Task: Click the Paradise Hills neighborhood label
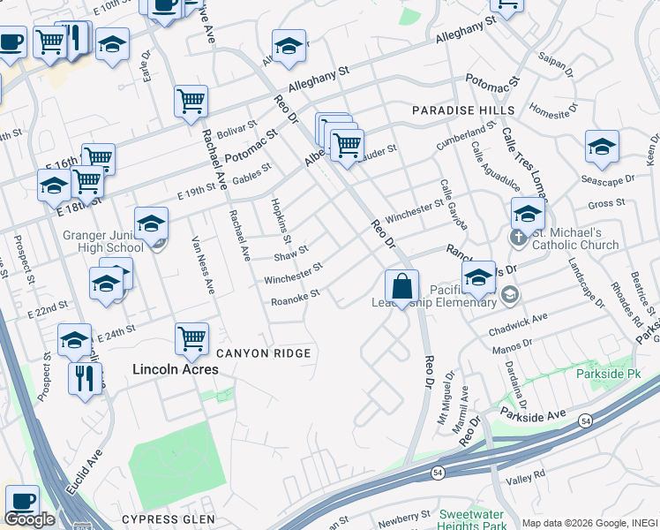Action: [x=462, y=110]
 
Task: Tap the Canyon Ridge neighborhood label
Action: [x=264, y=353]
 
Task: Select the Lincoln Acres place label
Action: [x=175, y=369]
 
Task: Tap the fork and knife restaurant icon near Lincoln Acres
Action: [x=85, y=380]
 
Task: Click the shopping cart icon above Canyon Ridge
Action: [x=191, y=337]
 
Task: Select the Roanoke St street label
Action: [x=296, y=298]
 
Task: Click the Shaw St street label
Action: [x=291, y=254]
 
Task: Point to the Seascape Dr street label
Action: [x=608, y=179]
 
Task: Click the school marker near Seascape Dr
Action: [x=602, y=147]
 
